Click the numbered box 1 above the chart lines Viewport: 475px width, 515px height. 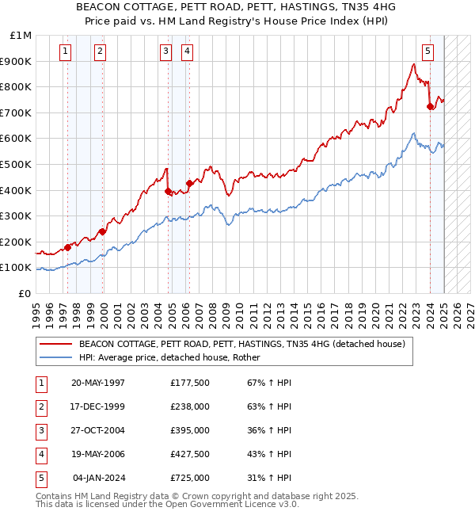point(64,52)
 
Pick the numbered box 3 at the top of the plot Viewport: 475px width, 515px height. point(165,52)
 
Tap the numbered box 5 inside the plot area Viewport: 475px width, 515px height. point(427,52)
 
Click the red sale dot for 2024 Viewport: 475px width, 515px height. point(430,106)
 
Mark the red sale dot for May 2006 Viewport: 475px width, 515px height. point(189,183)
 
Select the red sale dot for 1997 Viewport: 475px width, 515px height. point(67,247)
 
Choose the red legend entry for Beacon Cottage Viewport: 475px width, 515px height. point(241,344)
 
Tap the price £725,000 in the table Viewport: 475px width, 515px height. point(190,478)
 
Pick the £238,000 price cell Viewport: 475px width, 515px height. point(190,406)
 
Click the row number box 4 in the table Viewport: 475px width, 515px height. point(40,454)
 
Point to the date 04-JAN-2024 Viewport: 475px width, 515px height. point(98,478)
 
